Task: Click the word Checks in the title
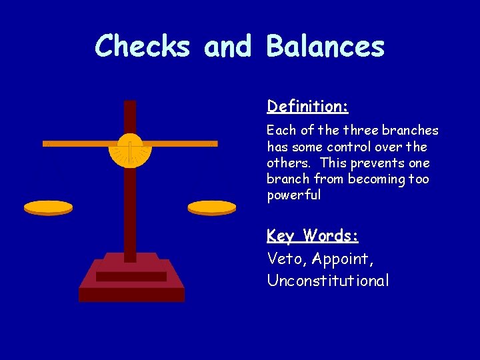point(143,47)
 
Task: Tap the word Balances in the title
point(325,47)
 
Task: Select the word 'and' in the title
point(228,47)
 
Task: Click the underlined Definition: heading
point(307,107)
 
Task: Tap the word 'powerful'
point(293,195)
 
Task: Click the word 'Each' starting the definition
point(279,131)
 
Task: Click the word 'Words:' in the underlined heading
point(331,236)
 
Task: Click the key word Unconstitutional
point(327,281)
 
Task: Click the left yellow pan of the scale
point(48,207)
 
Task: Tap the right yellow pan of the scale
point(212,207)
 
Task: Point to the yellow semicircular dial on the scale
point(130,152)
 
